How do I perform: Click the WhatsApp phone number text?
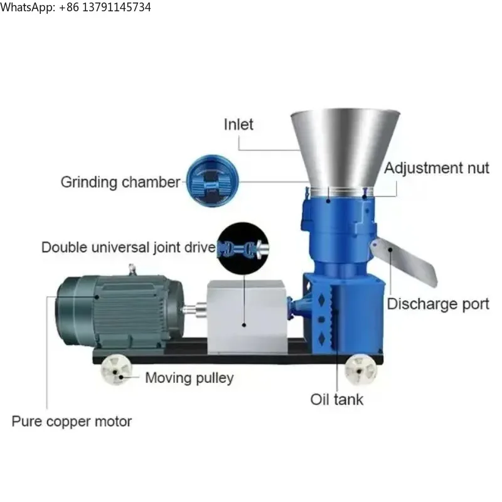(x=75, y=8)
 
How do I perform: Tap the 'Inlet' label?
(x=238, y=124)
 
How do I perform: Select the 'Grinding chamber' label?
(x=120, y=183)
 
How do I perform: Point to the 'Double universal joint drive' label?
(x=128, y=247)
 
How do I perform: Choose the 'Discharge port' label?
(x=437, y=304)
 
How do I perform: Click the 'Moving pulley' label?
(x=189, y=378)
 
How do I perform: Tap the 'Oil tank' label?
(x=336, y=399)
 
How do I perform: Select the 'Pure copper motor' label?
(x=72, y=421)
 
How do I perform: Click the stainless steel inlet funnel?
(x=344, y=147)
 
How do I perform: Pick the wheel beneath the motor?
(x=117, y=370)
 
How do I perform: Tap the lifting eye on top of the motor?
(x=132, y=270)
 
